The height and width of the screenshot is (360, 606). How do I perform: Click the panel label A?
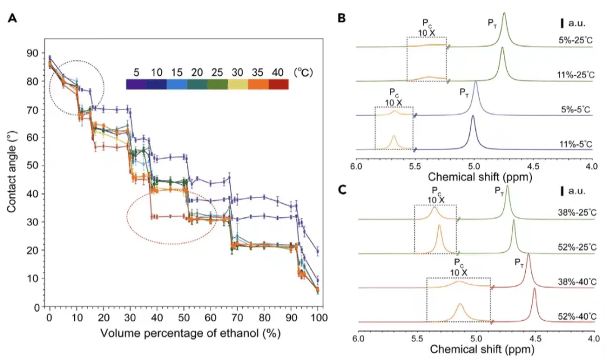(x=12, y=19)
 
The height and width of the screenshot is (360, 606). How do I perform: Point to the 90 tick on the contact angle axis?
(x=36, y=53)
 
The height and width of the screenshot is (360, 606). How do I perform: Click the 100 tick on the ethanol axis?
(x=318, y=317)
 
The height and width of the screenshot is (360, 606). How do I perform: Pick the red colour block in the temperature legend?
(x=278, y=84)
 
